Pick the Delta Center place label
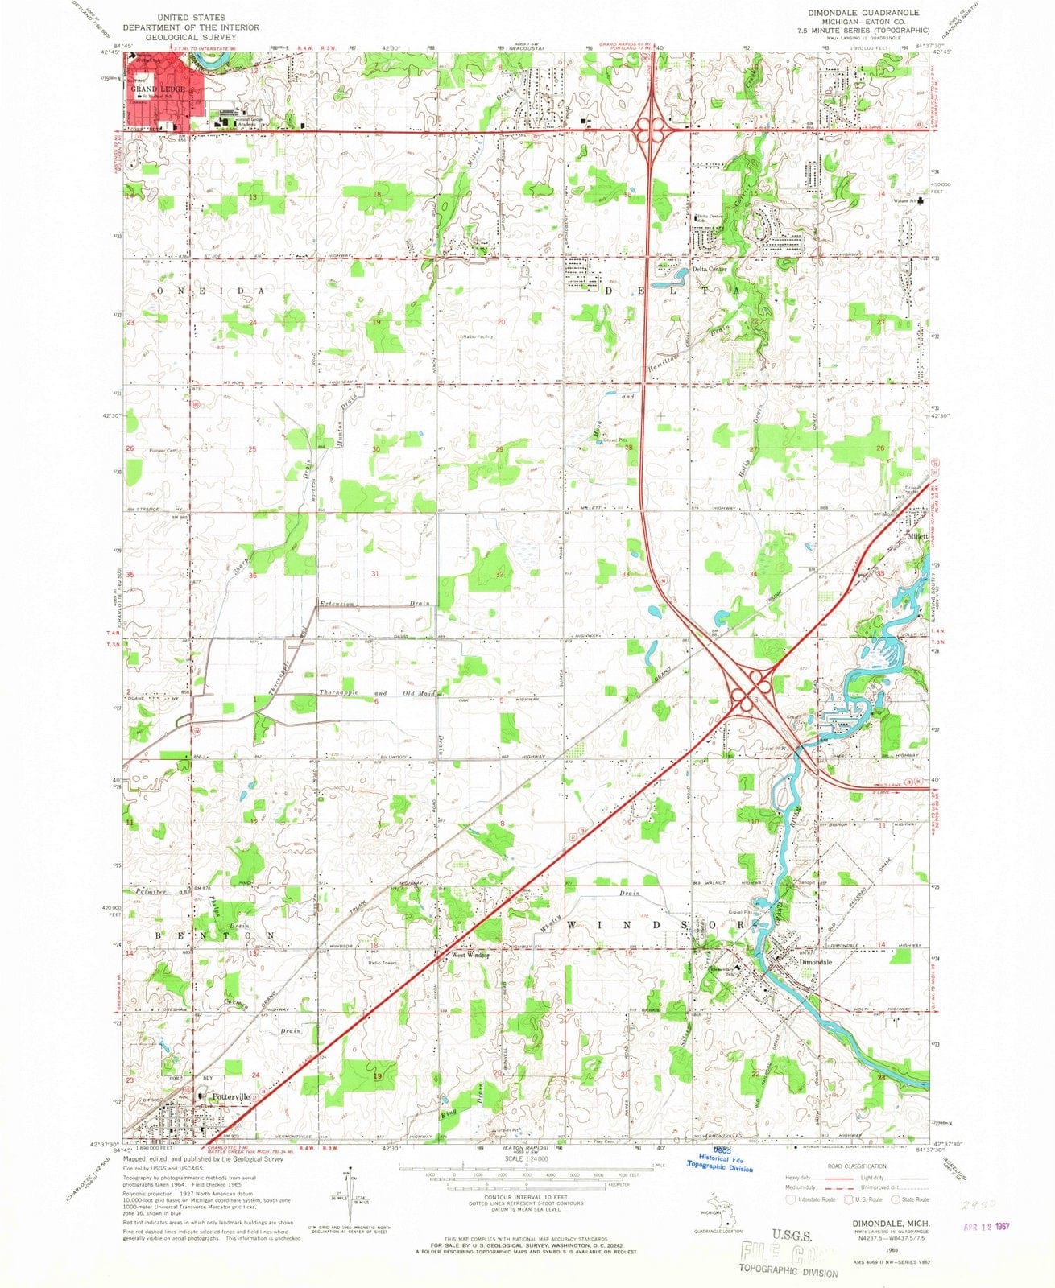[710, 270]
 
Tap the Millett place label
[917, 536]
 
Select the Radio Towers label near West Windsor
[384, 963]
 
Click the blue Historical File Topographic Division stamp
[719, 1164]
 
